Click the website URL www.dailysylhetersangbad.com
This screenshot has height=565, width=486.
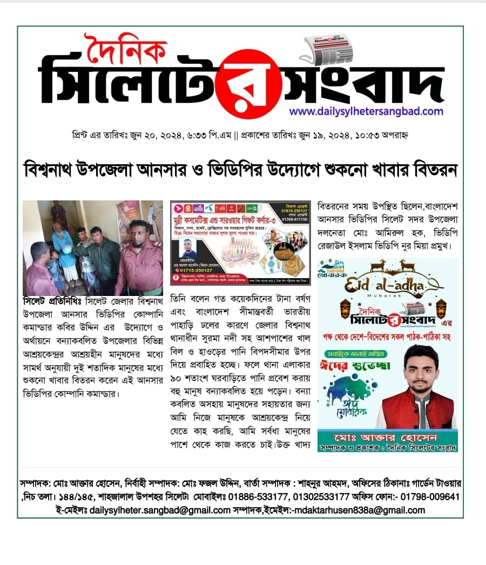tap(366, 111)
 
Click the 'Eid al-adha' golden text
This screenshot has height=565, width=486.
tap(387, 282)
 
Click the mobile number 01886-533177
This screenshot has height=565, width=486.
tap(265, 496)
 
